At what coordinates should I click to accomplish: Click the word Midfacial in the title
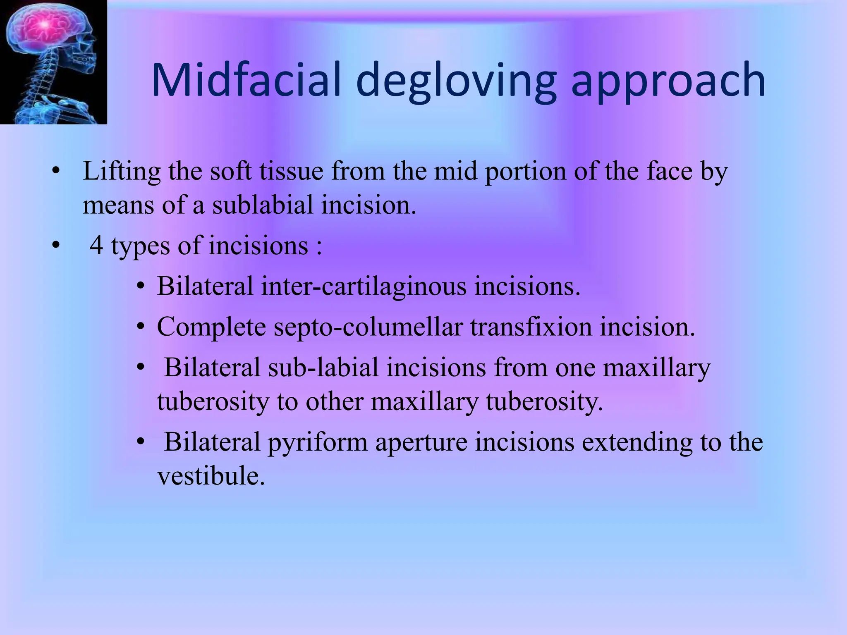(246, 79)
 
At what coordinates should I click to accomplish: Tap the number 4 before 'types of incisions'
(96, 246)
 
